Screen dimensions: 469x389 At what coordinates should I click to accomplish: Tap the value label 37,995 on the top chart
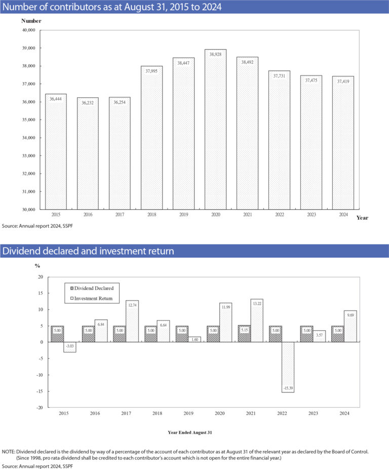click(151, 71)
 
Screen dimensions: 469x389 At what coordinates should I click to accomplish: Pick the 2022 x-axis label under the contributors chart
click(279, 214)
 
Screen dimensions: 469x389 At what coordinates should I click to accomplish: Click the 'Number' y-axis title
click(31, 21)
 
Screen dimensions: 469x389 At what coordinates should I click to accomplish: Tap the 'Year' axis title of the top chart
click(362, 218)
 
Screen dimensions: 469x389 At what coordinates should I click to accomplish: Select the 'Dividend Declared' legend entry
click(92, 287)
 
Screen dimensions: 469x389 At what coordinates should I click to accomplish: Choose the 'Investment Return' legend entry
click(92, 299)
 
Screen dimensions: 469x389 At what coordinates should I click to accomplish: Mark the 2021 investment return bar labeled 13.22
click(256, 321)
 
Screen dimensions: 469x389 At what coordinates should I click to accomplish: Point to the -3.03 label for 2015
click(70, 346)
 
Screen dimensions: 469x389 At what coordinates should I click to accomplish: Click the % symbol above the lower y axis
click(37, 265)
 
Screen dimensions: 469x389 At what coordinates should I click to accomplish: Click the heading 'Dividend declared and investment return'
click(89, 251)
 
